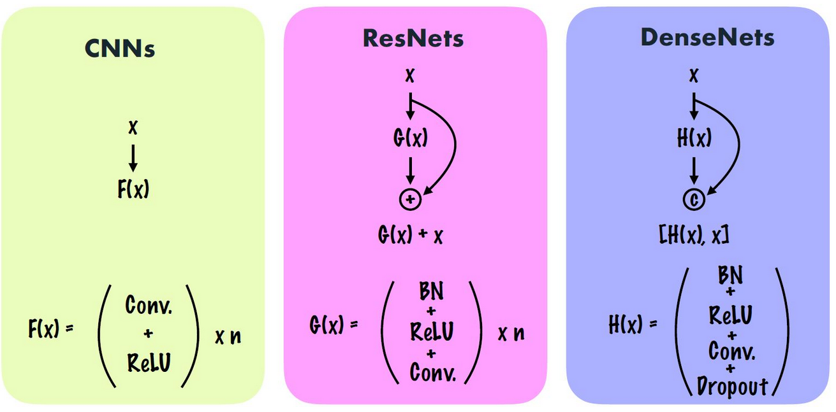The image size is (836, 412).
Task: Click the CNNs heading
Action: (119, 49)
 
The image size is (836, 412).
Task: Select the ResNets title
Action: (413, 39)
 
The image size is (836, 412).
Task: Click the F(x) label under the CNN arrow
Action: (133, 190)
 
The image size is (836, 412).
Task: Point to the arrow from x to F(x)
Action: (133, 158)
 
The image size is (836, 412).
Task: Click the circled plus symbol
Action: (410, 200)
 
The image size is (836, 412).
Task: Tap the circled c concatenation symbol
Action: (694, 200)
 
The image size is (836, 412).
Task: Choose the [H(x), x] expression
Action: (694, 235)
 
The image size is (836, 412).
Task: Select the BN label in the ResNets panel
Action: (430, 292)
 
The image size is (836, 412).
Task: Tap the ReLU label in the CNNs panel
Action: (149, 362)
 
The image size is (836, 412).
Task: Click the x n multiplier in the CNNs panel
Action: (228, 336)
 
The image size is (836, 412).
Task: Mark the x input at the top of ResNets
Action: (410, 76)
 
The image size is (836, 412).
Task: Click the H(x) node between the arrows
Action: (694, 138)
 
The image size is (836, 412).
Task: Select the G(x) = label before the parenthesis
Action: (334, 325)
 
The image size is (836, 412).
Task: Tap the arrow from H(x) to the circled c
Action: (694, 170)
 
